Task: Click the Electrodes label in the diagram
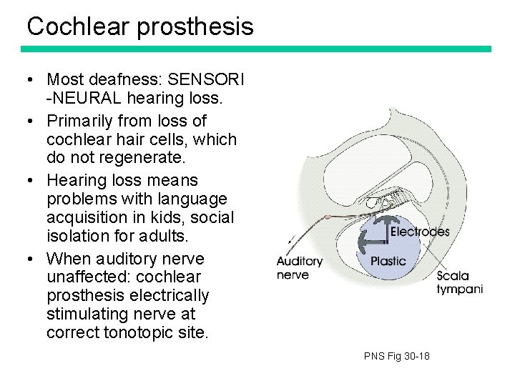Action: [x=419, y=232]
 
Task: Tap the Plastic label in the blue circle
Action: [x=388, y=262]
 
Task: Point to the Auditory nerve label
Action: [x=299, y=268]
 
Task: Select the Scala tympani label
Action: [x=458, y=282]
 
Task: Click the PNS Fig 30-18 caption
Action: [x=396, y=356]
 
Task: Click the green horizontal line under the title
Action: [x=256, y=49]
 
